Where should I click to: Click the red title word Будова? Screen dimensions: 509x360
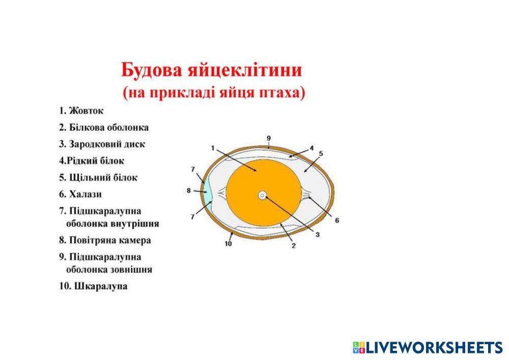coord(152,70)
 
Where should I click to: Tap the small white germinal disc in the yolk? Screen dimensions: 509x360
coord(262,196)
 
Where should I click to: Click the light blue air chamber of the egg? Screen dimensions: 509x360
coord(207,192)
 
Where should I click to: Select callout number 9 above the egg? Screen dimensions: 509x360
coord(269,139)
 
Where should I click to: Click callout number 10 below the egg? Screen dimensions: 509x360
coord(228,243)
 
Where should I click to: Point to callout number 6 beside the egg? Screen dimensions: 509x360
coord(337,220)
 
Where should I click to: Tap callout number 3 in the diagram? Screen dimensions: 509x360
coord(317,234)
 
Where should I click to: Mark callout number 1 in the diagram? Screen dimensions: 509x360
coord(213,148)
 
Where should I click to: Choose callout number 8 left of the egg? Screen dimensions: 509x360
coord(189,190)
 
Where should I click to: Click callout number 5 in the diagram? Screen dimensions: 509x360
coord(321,154)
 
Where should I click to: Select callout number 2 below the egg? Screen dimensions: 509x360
coord(294,246)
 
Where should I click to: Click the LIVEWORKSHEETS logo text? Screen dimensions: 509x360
coord(434,347)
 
